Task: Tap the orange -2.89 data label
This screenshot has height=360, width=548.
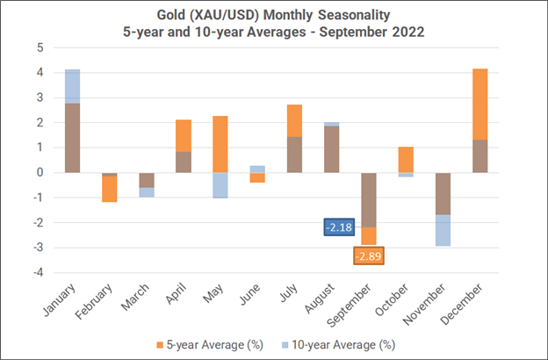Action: [x=371, y=256]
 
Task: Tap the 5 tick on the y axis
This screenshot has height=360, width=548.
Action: [x=40, y=47]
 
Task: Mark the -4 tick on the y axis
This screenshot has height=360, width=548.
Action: [x=38, y=272]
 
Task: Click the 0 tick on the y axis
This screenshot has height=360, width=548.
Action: [x=40, y=172]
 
